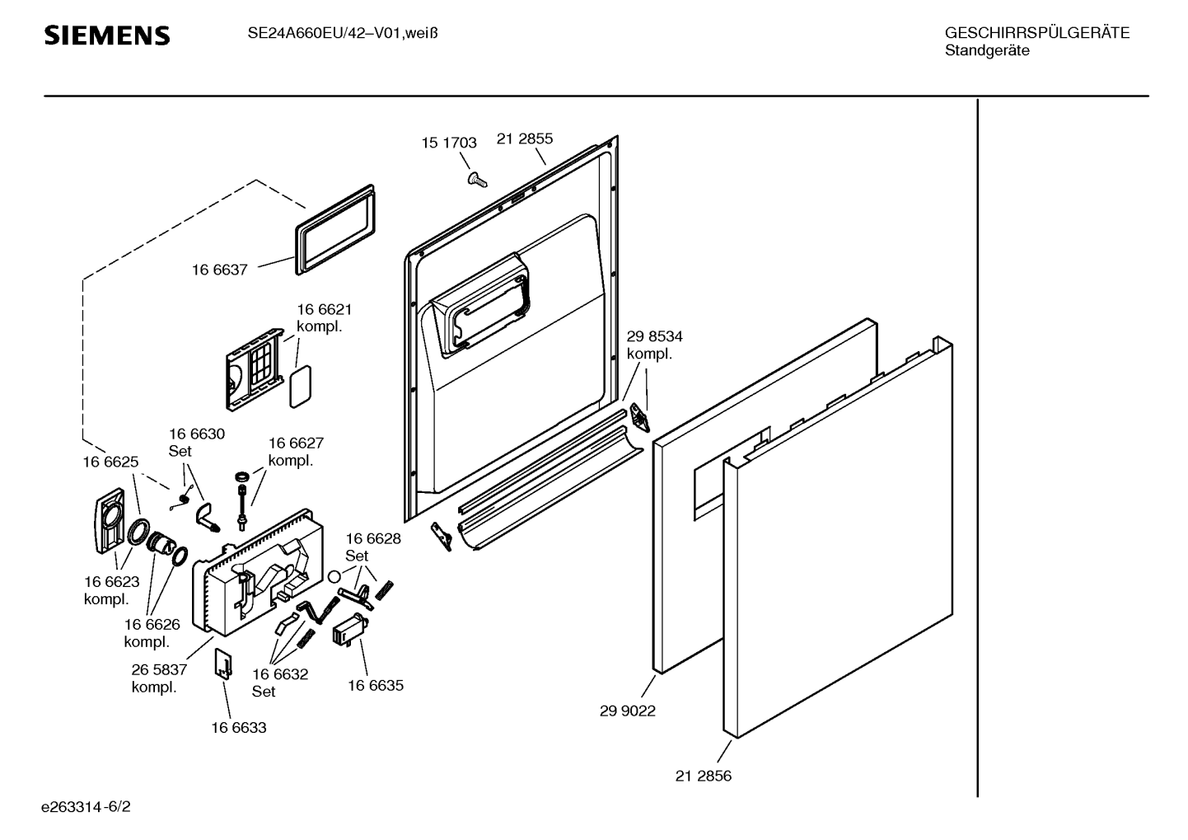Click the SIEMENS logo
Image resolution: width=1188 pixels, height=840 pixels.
click(x=107, y=35)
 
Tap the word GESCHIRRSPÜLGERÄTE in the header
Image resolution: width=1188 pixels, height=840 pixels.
click(x=1036, y=34)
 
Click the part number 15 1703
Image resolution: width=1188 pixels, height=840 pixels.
click(x=449, y=143)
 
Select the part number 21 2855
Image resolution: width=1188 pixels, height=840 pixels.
click(x=525, y=138)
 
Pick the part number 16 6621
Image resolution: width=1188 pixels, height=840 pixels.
click(x=325, y=309)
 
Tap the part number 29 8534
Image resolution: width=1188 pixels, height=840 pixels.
click(x=654, y=336)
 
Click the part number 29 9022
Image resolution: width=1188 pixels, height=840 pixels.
click(x=628, y=711)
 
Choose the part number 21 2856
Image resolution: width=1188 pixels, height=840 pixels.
click(x=704, y=776)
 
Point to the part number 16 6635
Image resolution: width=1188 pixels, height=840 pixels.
click(x=376, y=685)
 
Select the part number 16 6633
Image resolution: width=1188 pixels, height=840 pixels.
click(x=239, y=728)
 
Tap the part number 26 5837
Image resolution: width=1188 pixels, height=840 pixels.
click(x=159, y=669)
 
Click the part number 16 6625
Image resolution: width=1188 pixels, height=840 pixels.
click(x=110, y=462)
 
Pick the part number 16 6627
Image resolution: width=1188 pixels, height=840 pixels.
click(x=296, y=443)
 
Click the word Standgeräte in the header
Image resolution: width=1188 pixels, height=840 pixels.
click(x=987, y=51)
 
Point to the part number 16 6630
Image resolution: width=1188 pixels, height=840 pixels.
click(x=197, y=434)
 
